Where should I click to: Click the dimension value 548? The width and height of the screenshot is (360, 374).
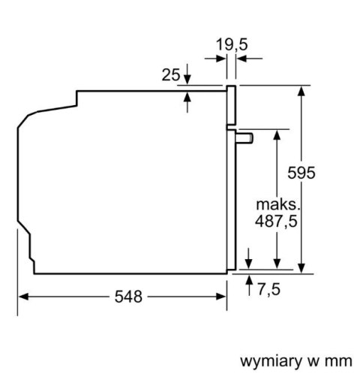click(x=129, y=297)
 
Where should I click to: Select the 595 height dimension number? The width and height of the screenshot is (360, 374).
click(x=302, y=173)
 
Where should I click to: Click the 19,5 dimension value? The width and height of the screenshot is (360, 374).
click(x=231, y=45)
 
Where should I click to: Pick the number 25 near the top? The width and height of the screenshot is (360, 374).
click(x=170, y=74)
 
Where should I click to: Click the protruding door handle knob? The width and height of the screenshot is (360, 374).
click(x=246, y=137)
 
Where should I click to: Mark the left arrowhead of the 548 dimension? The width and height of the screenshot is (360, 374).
click(x=22, y=297)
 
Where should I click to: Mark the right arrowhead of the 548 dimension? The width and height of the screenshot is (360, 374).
click(x=223, y=297)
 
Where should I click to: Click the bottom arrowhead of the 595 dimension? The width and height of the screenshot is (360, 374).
click(x=302, y=269)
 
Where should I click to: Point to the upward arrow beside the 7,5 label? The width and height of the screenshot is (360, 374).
click(x=249, y=280)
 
